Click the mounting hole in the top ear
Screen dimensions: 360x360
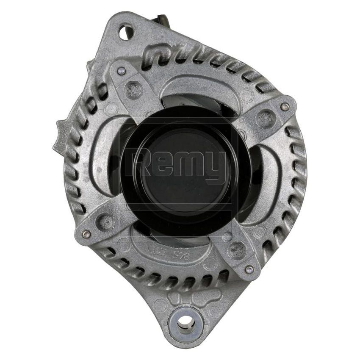126,33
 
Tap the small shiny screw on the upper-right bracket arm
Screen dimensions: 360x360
285,106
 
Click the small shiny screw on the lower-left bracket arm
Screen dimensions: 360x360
86,234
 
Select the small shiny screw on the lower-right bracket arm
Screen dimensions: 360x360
249,269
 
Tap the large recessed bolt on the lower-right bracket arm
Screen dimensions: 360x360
235,250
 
